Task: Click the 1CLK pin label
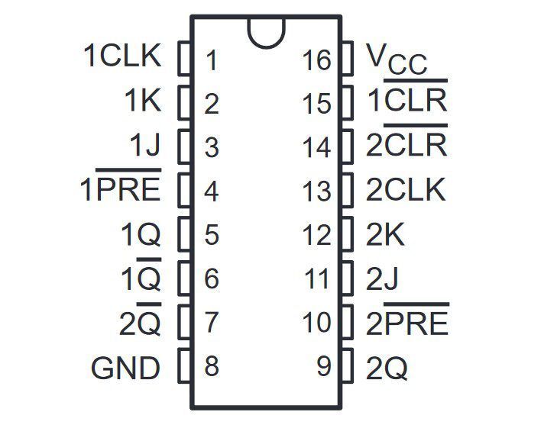pos(122,56)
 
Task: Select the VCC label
pos(397,60)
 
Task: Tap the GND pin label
pos(126,368)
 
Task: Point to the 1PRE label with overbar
pos(121,185)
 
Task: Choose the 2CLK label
pos(406,190)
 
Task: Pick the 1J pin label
pos(145,145)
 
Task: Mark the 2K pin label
pos(385,234)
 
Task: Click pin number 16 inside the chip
pos(317,60)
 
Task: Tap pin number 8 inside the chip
pos(212,366)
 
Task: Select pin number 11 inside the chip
pos(317,278)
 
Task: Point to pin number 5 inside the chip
pos(212,235)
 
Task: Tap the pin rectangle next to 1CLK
pos(184,58)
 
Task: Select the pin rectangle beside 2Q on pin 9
pos(348,365)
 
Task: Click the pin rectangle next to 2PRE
pos(348,322)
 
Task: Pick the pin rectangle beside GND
pos(184,365)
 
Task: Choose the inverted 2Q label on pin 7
pos(140,319)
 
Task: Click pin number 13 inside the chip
pos(317,191)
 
